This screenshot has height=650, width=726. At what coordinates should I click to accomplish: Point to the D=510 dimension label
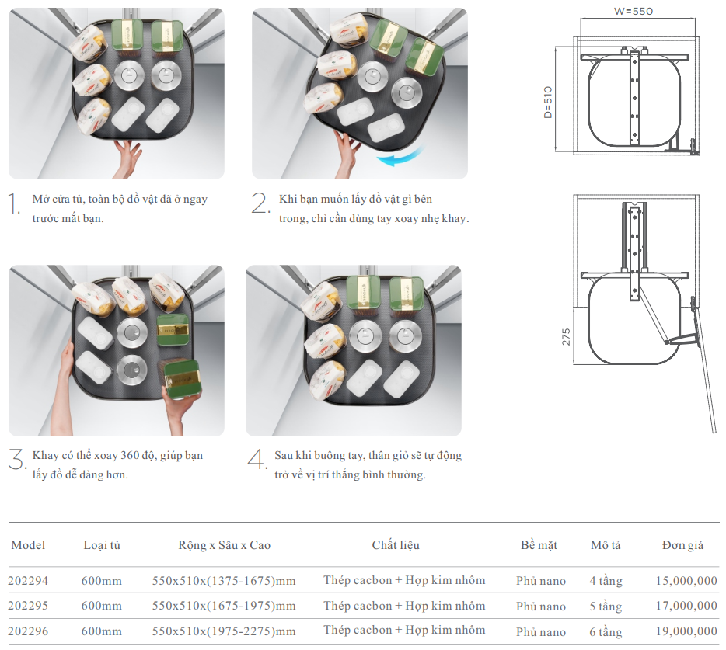547,102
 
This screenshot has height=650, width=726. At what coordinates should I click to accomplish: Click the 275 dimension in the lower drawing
566,336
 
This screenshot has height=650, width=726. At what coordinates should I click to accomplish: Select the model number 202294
28,581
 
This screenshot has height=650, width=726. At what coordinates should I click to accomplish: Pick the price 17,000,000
686,606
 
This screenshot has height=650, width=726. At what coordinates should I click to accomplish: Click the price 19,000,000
686,631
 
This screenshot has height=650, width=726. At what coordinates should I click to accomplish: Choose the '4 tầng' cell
606,581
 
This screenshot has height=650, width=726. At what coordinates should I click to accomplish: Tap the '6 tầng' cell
606,631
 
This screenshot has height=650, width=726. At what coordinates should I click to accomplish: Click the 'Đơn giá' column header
682,545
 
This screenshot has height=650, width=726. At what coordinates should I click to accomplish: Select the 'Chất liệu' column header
396,545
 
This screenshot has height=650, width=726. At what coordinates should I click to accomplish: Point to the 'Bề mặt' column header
539,545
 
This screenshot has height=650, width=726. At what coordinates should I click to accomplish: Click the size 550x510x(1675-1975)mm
224,606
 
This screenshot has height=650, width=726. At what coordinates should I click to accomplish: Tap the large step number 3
17,459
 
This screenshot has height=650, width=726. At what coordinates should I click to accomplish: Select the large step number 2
260,203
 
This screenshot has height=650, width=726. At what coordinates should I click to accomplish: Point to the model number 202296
28,631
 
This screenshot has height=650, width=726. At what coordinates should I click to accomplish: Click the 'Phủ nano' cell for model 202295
541,606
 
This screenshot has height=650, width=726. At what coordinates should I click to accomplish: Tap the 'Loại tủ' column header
102,545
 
